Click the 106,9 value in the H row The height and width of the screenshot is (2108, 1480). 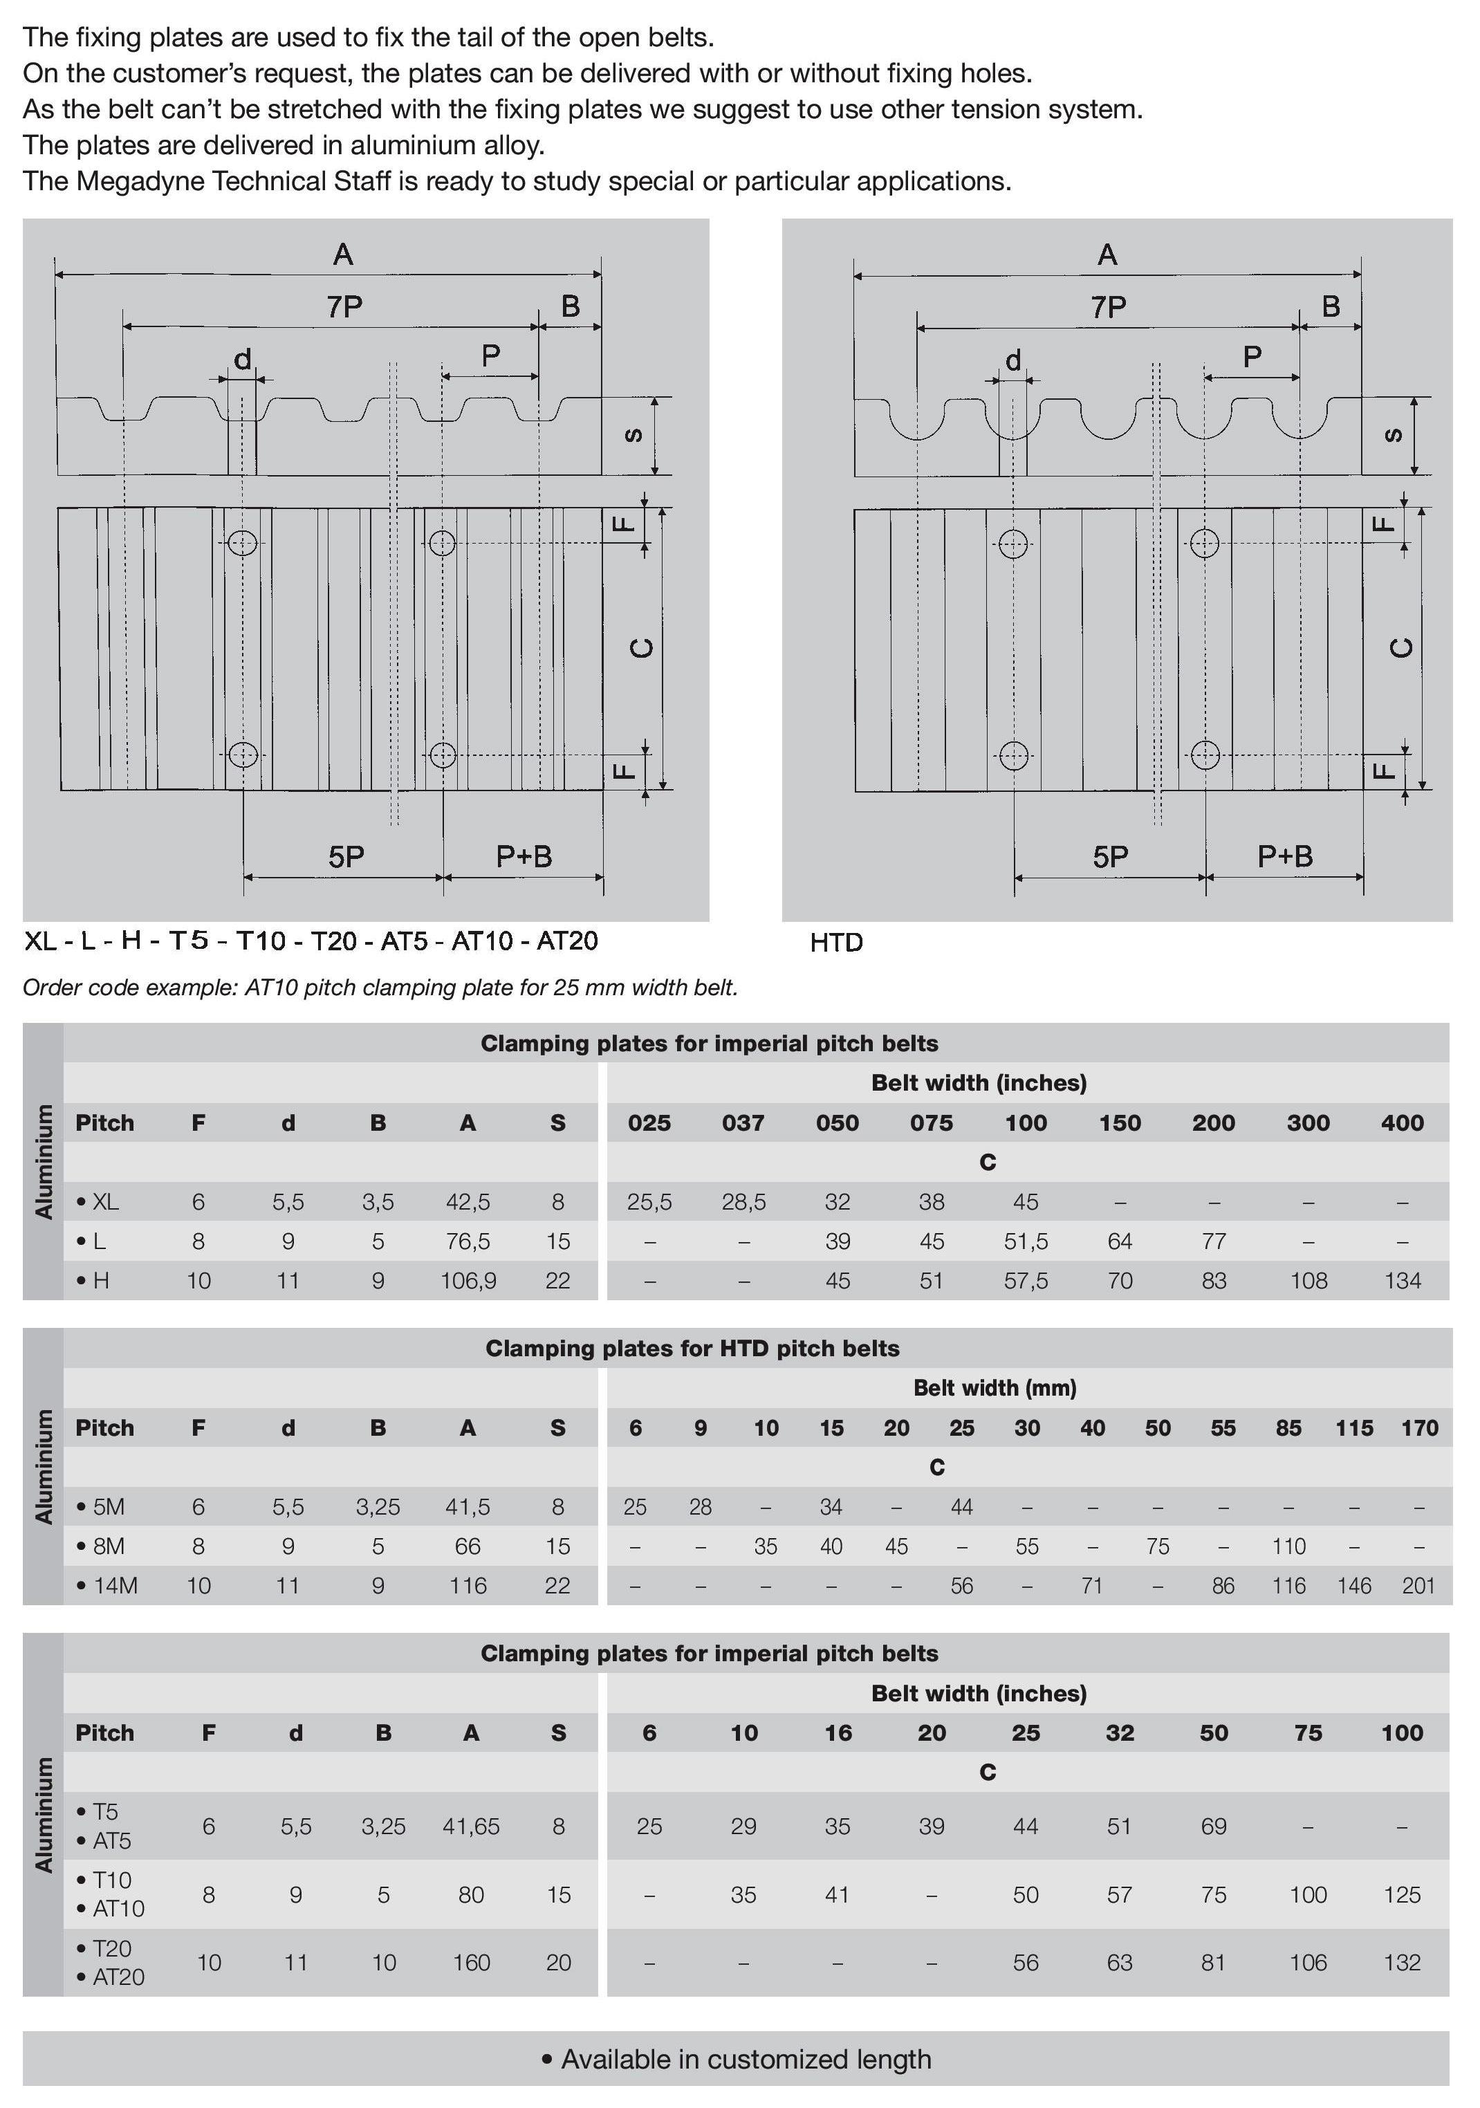[x=468, y=1281]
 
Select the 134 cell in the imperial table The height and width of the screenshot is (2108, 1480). [x=1402, y=1281]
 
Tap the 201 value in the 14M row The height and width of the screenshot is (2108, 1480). [x=1418, y=1586]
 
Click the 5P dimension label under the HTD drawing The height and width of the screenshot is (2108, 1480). [x=1110, y=858]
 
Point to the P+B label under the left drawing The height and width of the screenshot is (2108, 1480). [x=524, y=857]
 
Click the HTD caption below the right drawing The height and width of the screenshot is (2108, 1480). [x=836, y=943]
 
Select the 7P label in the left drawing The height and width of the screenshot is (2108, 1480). [x=344, y=306]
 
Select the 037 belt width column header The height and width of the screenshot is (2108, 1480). [x=743, y=1123]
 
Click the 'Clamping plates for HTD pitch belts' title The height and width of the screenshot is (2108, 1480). [x=692, y=1348]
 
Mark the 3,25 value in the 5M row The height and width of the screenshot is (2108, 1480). [x=378, y=1506]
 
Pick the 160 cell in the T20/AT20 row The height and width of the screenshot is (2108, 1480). [x=471, y=1962]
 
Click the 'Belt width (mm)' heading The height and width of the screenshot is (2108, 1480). [x=995, y=1387]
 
